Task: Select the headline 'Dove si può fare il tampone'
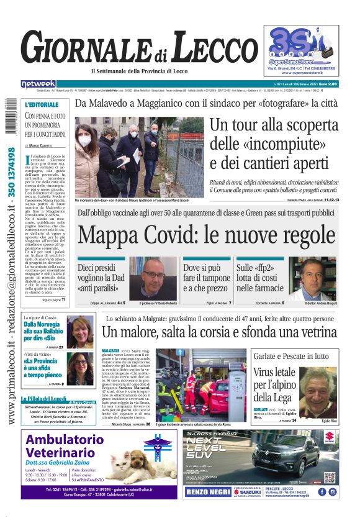click(x=207, y=278)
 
